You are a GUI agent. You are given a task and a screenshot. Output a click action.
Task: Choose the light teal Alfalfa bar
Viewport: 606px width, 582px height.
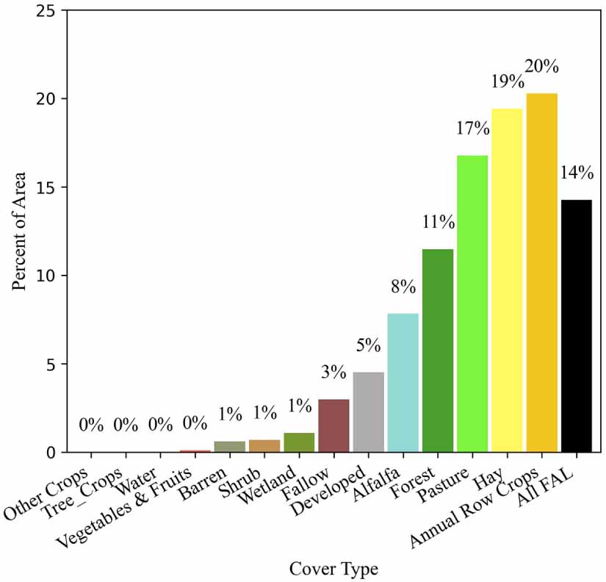(403, 383)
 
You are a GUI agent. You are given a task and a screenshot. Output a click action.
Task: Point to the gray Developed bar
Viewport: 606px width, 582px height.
(369, 412)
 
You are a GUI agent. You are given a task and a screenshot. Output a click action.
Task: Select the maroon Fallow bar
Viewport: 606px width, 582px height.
(334, 425)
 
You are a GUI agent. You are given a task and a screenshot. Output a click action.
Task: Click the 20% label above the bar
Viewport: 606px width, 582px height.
(542, 66)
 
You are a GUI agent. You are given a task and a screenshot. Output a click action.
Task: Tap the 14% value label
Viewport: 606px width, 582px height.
(577, 173)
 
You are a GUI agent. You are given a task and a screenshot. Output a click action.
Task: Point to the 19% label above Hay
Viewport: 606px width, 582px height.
(508, 82)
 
